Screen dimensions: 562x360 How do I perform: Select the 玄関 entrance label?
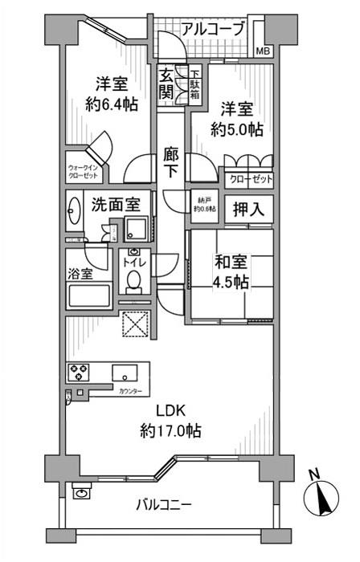tap(166, 83)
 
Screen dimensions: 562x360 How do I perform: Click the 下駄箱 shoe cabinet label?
tap(195, 83)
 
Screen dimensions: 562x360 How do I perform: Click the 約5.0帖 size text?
tap(237, 128)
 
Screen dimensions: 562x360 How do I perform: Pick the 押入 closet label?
tap(246, 210)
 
